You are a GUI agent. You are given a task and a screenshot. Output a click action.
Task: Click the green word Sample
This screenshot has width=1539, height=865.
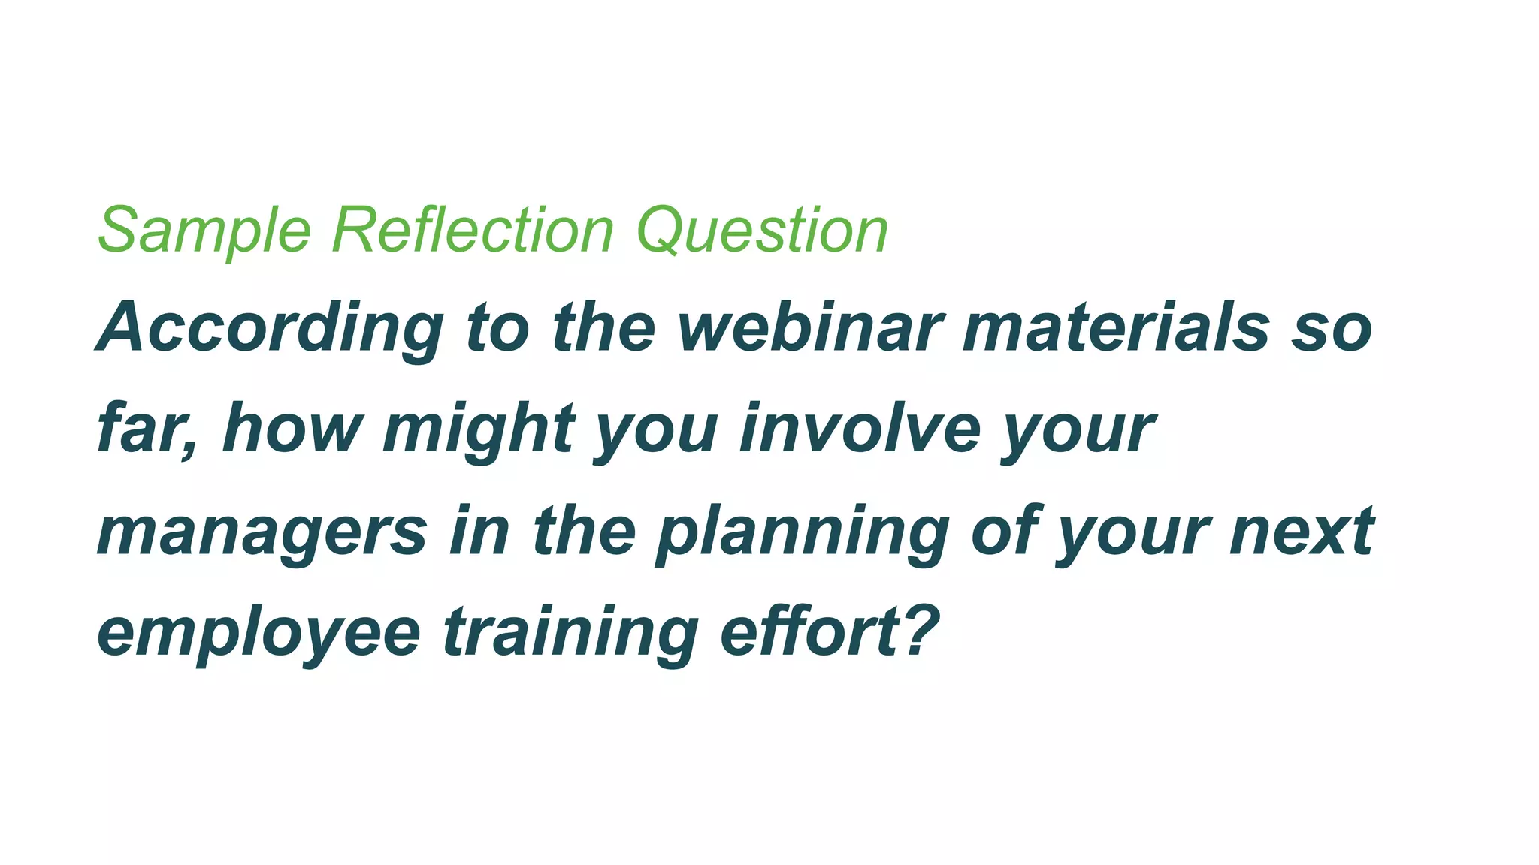tap(204, 231)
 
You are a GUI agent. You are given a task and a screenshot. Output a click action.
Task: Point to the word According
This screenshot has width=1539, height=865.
tap(271, 328)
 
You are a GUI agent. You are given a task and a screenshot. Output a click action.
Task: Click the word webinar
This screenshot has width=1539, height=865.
tap(809, 328)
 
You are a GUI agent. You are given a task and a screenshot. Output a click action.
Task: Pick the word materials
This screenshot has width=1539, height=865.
tap(1115, 328)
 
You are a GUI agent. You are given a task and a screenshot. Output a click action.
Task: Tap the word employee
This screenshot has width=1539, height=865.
tap(259, 633)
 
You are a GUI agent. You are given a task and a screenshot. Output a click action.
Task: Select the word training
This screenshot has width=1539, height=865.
tap(571, 633)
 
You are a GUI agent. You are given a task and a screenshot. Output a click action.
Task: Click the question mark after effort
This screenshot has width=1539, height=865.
tap(920, 629)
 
